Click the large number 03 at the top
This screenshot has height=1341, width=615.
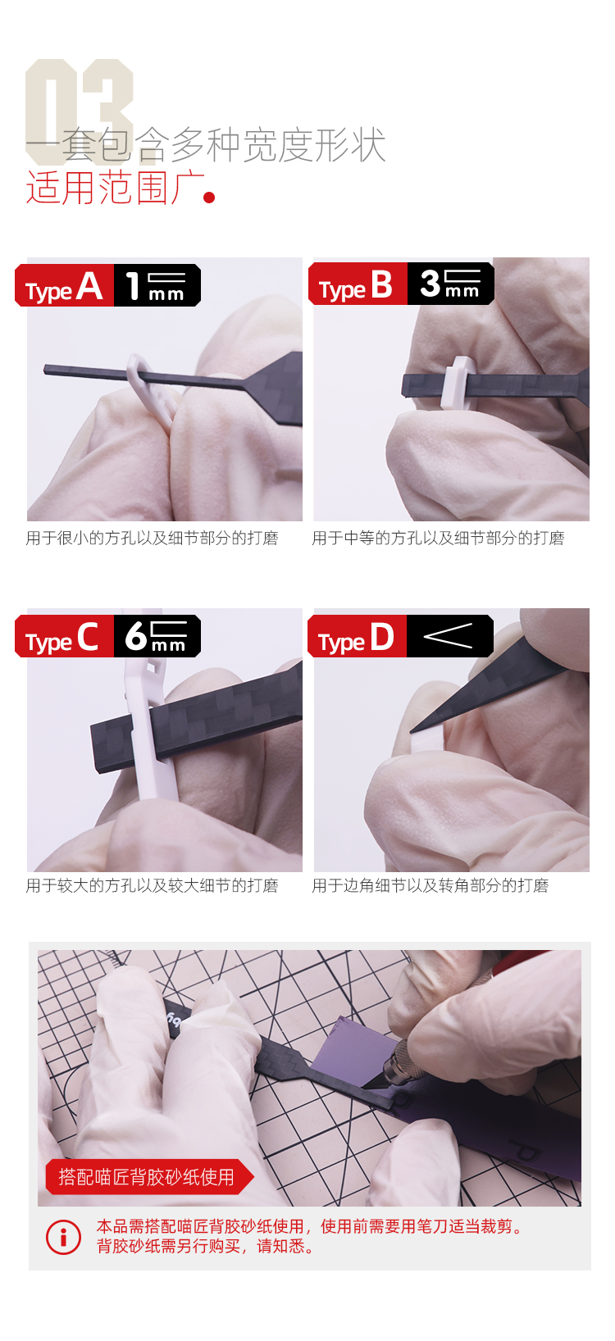(79, 112)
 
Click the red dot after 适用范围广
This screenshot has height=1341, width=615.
(209, 197)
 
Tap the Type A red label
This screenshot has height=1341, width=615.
(64, 285)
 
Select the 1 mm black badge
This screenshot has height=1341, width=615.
(157, 285)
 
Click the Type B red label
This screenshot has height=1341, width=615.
(358, 284)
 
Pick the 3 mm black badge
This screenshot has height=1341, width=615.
(451, 284)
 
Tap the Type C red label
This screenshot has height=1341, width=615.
(64, 636)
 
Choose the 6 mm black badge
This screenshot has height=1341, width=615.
(157, 636)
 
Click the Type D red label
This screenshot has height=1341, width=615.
(358, 636)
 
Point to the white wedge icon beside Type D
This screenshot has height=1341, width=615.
(448, 636)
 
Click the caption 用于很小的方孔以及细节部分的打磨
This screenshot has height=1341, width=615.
(152, 539)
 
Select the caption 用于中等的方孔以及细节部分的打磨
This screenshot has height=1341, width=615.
(439, 539)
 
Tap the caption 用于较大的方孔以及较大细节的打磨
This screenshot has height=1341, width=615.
(152, 885)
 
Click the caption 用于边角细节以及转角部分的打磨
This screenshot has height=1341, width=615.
(430, 885)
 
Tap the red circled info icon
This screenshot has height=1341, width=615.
(63, 1237)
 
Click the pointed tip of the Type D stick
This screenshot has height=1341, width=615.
(412, 731)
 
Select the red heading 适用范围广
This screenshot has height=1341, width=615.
(116, 188)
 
